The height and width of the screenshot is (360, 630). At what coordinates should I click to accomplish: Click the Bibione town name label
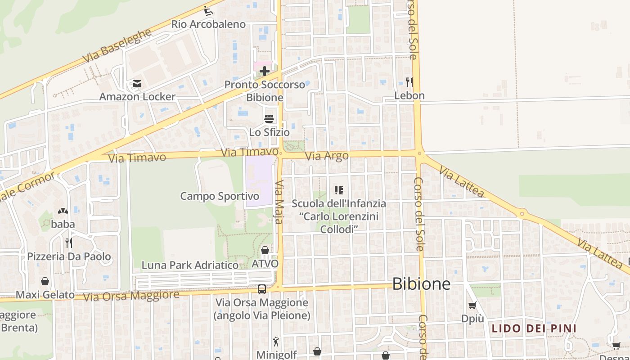pyautogui.click(x=421, y=283)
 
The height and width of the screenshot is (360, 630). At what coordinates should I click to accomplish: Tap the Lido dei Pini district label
pyautogui.click(x=534, y=328)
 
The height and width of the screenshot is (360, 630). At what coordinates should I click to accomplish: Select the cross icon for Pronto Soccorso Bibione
pyautogui.click(x=264, y=71)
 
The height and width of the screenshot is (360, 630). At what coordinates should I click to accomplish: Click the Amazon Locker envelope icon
pyautogui.click(x=137, y=84)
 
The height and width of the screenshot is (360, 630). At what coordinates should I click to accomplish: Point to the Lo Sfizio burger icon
pyautogui.click(x=269, y=119)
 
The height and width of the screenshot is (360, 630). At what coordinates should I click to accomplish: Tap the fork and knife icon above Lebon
pyautogui.click(x=409, y=82)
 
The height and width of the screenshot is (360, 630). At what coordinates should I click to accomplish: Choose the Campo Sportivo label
pyautogui.click(x=220, y=196)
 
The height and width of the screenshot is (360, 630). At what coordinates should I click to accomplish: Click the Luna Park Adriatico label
pyautogui.click(x=190, y=265)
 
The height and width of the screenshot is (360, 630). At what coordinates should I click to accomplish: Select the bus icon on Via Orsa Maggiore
pyautogui.click(x=261, y=289)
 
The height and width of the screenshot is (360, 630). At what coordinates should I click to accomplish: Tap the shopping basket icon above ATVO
pyautogui.click(x=265, y=250)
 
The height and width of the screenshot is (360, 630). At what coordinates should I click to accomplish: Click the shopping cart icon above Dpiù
pyautogui.click(x=472, y=306)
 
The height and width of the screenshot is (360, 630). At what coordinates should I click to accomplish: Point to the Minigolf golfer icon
pyautogui.click(x=276, y=342)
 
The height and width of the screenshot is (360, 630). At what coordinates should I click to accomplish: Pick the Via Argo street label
pyautogui.click(x=327, y=156)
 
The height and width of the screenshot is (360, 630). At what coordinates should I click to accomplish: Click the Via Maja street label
pyautogui.click(x=279, y=202)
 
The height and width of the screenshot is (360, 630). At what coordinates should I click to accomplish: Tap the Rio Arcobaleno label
pyautogui.click(x=208, y=24)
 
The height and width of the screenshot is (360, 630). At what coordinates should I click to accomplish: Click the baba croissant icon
pyautogui.click(x=63, y=211)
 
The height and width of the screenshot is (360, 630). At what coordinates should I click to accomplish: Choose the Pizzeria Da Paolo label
pyautogui.click(x=69, y=256)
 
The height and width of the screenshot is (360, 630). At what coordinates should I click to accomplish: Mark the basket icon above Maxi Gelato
pyautogui.click(x=45, y=282)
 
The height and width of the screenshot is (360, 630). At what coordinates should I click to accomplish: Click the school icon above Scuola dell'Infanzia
pyautogui.click(x=339, y=190)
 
